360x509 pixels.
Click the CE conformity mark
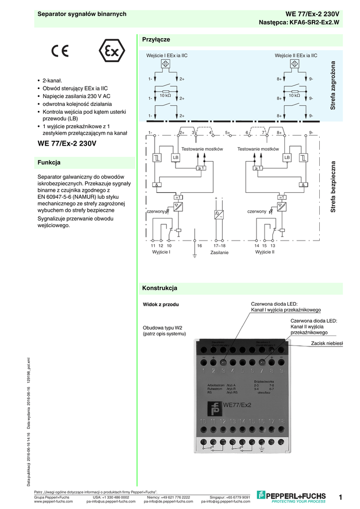tap(59, 51)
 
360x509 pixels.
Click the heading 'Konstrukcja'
tap(160, 288)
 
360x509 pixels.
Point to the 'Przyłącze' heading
tap(156, 39)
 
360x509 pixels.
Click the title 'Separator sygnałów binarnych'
tap(83, 14)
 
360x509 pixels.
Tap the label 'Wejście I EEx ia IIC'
tap(167, 56)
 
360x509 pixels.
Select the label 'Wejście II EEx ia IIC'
tap(296, 56)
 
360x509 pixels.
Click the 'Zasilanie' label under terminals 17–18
tap(219, 253)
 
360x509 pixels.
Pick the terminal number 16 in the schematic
tap(199, 246)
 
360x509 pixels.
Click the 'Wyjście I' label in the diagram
tap(161, 252)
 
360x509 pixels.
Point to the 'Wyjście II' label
tap(265, 252)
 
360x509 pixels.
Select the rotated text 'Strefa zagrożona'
tap(334, 85)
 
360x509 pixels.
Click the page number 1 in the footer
tap(341, 497)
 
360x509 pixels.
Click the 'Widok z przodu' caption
tap(161, 304)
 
